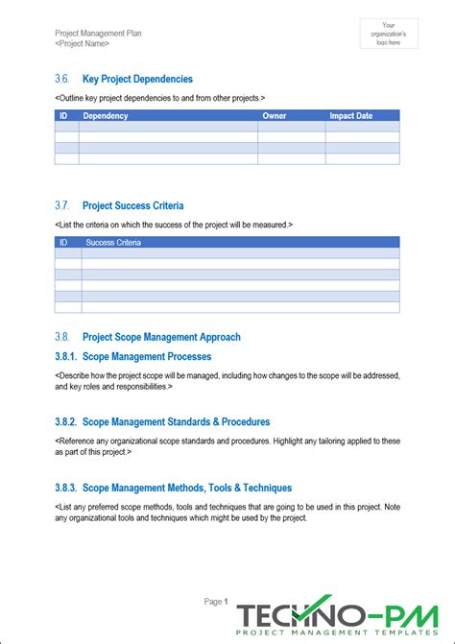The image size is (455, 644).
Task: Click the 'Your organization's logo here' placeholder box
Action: (388, 34)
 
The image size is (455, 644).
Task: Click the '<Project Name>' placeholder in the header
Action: (83, 44)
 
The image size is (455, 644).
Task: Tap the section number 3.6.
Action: (63, 79)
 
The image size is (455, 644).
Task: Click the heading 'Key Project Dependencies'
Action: (137, 79)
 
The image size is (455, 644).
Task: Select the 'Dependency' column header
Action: (106, 115)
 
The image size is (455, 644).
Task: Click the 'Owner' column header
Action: (274, 115)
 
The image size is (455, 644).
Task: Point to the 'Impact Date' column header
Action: (352, 115)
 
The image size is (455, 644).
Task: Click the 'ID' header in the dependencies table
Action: (63, 115)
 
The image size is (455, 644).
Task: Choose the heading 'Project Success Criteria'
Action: (133, 205)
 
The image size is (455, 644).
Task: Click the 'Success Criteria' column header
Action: (113, 243)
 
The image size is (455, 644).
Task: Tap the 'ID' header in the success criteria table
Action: (63, 243)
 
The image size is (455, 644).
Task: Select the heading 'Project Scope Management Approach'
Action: (161, 337)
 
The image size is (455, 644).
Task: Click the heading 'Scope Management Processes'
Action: (147, 356)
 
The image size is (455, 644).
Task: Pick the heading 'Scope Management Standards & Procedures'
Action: (176, 421)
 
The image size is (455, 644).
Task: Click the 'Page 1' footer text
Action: (216, 602)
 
